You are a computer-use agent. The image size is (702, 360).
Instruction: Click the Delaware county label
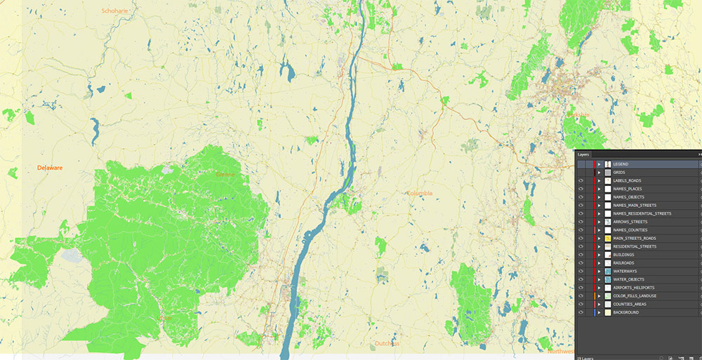(50, 168)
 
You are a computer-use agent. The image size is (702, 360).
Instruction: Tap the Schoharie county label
(116, 11)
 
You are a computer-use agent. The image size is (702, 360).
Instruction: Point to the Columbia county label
(420, 193)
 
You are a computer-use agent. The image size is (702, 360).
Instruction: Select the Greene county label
(226, 174)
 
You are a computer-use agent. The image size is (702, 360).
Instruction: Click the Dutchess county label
(387, 344)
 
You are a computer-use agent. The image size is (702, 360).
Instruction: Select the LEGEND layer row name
(621, 164)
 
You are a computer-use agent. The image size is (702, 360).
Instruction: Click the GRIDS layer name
(619, 173)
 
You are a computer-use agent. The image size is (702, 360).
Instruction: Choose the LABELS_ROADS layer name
(627, 180)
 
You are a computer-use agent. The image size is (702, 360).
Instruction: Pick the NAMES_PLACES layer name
(628, 189)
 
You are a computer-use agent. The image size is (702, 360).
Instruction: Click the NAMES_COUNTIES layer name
(630, 230)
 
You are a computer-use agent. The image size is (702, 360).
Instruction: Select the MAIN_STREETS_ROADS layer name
(635, 239)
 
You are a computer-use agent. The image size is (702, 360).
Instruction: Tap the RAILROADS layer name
(624, 263)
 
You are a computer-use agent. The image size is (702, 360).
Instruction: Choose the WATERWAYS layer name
(625, 271)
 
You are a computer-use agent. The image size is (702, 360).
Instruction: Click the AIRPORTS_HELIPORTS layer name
(633, 288)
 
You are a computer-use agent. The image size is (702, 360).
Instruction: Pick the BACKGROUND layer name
(626, 312)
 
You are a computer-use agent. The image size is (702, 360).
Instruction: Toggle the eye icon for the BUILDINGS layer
(581, 255)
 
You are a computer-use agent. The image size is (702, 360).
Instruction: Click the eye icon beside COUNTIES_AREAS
(581, 304)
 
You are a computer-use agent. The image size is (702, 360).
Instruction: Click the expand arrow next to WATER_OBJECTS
(599, 279)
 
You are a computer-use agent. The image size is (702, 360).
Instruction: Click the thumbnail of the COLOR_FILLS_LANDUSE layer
(608, 296)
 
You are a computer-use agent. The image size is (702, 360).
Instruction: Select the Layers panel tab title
(583, 154)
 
